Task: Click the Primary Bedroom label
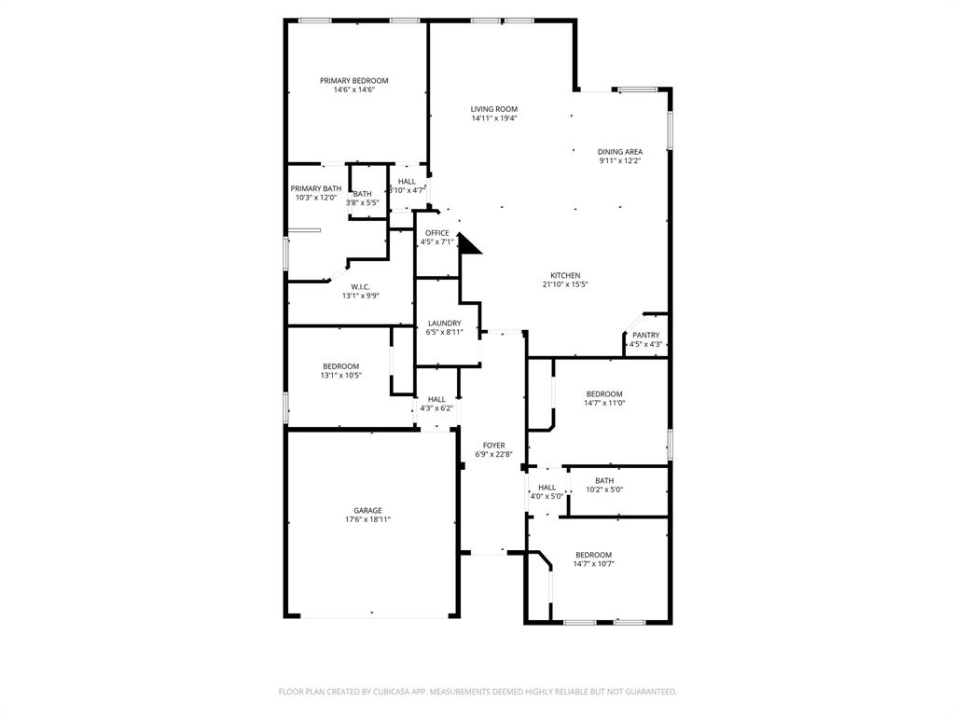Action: (353, 81)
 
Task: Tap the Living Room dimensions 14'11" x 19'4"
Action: (493, 118)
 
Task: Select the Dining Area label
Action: (620, 152)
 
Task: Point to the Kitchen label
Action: (565, 276)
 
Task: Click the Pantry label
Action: (645, 336)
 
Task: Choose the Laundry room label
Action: (444, 324)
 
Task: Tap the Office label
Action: (437, 233)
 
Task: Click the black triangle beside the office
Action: (469, 244)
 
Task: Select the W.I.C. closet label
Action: (360, 287)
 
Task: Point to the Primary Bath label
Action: (315, 189)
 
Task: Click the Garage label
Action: (367, 511)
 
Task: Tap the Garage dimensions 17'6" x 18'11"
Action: (367, 519)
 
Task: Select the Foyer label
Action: (493, 446)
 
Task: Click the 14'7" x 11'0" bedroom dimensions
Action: (603, 403)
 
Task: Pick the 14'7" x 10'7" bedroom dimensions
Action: (593, 563)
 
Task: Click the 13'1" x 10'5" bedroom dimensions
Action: (340, 375)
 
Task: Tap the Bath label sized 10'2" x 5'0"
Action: (604, 481)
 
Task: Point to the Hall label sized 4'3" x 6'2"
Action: (436, 399)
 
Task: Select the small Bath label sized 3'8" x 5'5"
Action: (362, 194)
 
